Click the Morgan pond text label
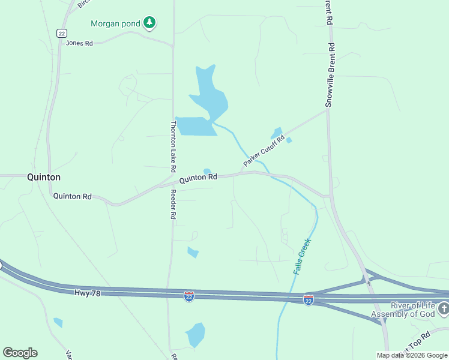click(115, 23)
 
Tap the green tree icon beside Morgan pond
click(149, 23)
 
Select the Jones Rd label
click(79, 43)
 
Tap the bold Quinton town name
click(44, 177)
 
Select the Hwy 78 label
click(89, 293)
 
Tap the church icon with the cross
click(444, 309)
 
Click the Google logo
click(20, 353)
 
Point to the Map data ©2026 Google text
click(412, 355)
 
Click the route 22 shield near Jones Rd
click(61, 34)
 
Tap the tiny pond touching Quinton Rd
click(207, 172)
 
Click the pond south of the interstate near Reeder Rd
click(195, 335)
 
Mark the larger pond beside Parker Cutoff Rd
click(277, 133)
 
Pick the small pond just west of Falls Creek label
click(193, 252)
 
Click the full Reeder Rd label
click(172, 204)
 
